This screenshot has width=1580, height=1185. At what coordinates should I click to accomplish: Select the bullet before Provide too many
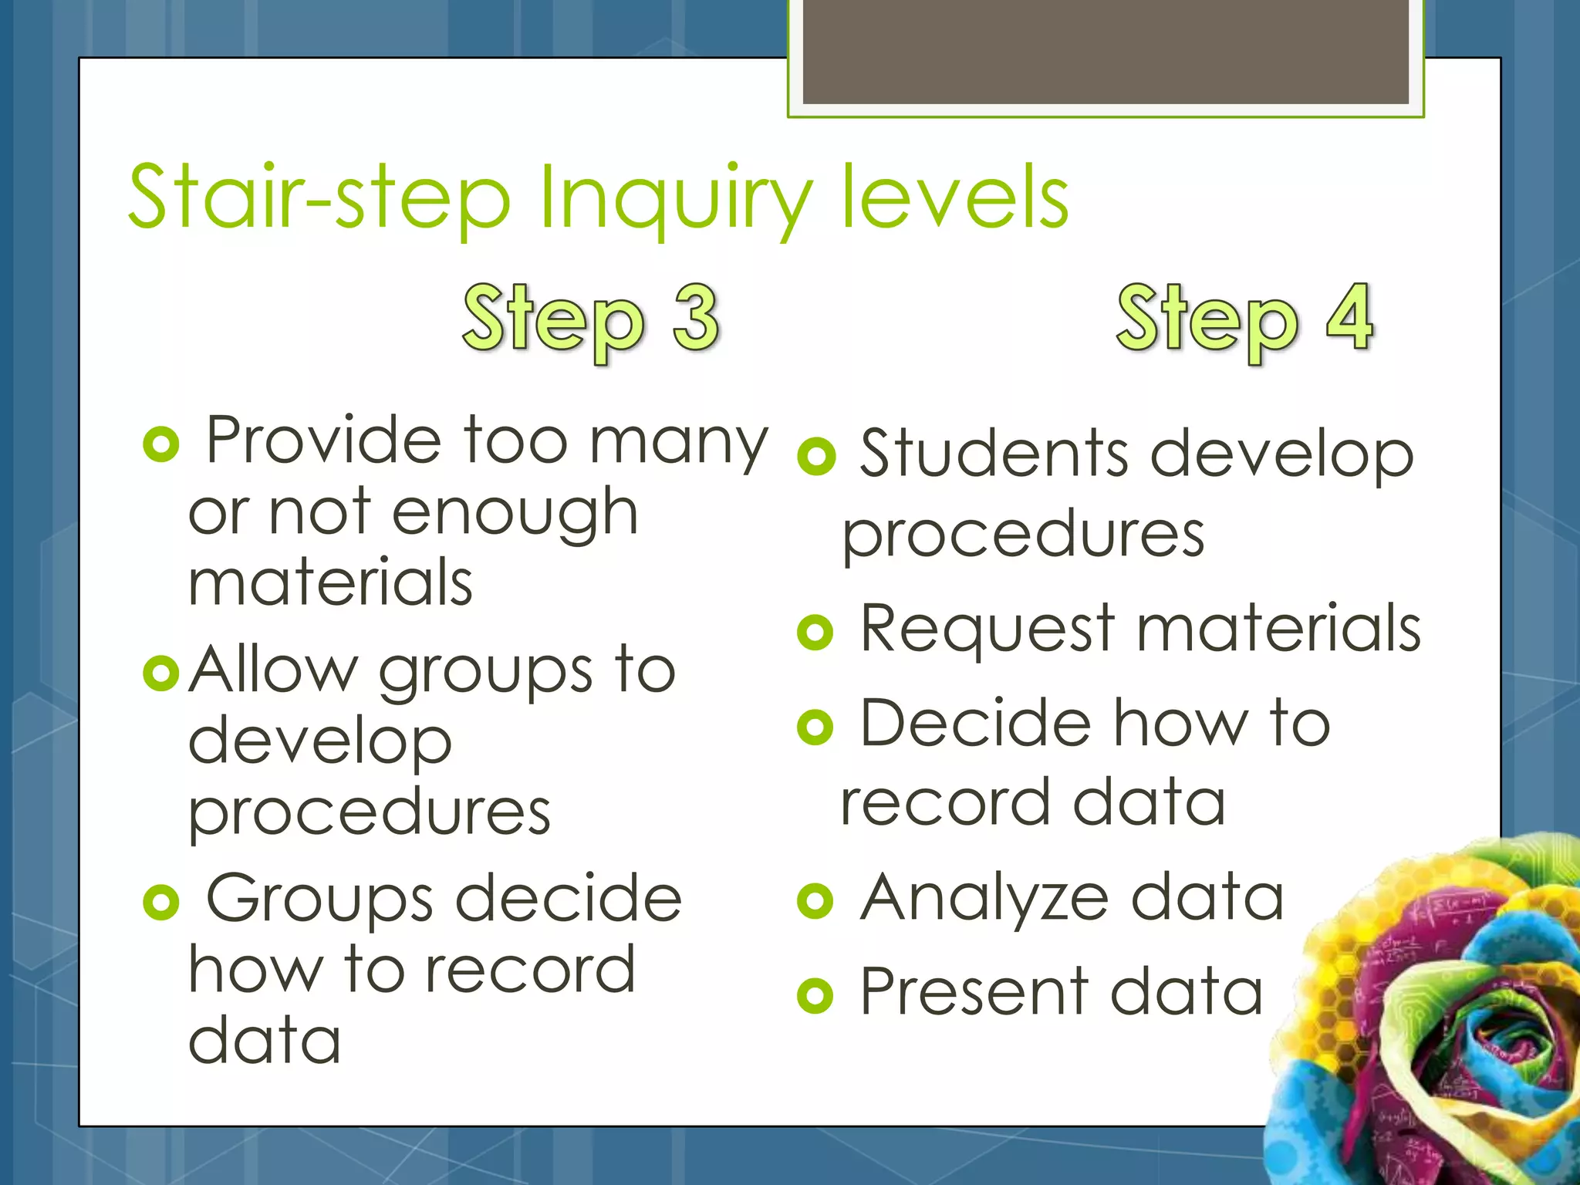pyautogui.click(x=161, y=444)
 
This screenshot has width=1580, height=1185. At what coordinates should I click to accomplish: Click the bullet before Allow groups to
pyautogui.click(x=161, y=673)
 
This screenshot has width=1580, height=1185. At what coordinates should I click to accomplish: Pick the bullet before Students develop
pyautogui.click(x=816, y=457)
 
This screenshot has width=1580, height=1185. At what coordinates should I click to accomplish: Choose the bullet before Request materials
pyautogui.click(x=815, y=633)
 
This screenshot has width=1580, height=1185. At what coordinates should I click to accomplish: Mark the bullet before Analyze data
pyautogui.click(x=815, y=901)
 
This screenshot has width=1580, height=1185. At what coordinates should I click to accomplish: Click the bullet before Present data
pyautogui.click(x=815, y=995)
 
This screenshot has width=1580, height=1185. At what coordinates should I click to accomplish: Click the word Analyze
pyautogui.click(x=984, y=900)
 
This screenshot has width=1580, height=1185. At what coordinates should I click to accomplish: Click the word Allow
pyautogui.click(x=273, y=670)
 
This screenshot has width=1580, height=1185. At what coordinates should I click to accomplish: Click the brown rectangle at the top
pyautogui.click(x=1106, y=51)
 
